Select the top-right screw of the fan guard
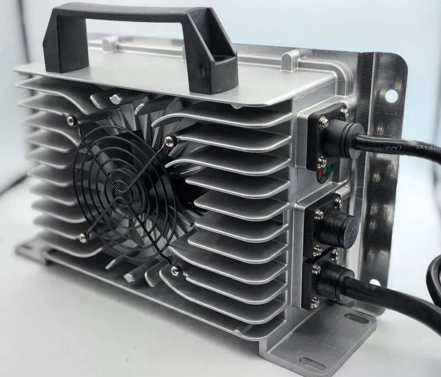[170, 140]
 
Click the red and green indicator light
[324, 173]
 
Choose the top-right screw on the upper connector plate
[344, 113]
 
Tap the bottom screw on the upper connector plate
[321, 160]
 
